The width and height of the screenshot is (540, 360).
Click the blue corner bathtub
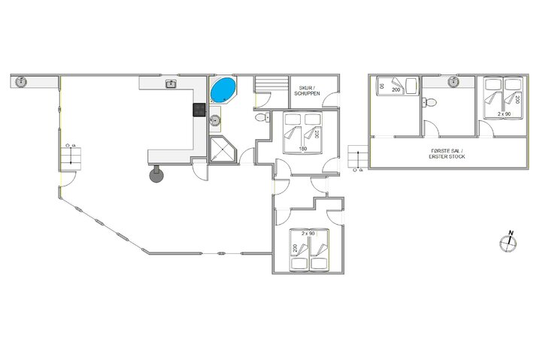click(x=222, y=90)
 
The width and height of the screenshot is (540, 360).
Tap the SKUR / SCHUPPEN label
click(x=311, y=89)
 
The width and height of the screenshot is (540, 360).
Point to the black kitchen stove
click(x=200, y=110)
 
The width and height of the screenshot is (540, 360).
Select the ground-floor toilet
click(x=260, y=119)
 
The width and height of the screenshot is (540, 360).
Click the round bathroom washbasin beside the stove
click(x=216, y=118)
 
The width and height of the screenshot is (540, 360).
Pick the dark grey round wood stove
click(x=156, y=174)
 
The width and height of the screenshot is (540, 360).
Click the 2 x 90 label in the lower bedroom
click(x=308, y=233)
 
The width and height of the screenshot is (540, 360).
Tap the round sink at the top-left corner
click(x=21, y=81)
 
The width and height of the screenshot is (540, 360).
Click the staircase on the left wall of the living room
click(x=68, y=156)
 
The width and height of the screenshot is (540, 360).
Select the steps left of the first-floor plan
click(x=356, y=158)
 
